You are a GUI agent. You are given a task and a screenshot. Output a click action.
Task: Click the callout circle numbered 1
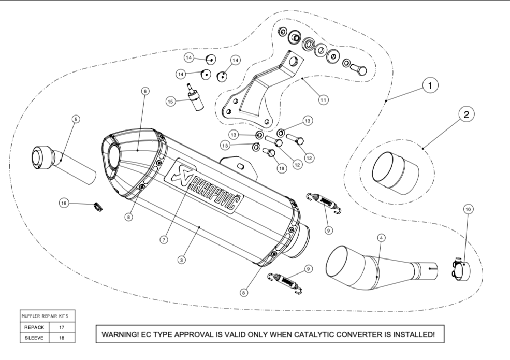(431, 85)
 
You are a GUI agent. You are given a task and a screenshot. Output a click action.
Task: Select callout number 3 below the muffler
(181, 260)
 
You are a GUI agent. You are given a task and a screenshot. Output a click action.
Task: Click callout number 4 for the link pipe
(381, 238)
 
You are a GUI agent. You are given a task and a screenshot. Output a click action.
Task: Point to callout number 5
(76, 119)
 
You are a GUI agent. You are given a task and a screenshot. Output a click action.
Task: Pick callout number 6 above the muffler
(145, 91)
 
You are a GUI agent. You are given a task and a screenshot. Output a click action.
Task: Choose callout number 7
(164, 240)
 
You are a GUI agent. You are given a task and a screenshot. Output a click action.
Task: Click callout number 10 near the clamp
(468, 209)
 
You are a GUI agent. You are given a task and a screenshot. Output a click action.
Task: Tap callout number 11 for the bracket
(324, 100)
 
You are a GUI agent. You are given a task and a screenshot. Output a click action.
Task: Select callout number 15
(171, 102)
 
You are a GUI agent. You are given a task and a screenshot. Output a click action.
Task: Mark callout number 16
(64, 204)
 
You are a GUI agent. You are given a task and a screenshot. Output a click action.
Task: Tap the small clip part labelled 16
(96, 207)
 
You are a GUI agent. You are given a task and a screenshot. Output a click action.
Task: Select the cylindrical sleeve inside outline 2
(395, 172)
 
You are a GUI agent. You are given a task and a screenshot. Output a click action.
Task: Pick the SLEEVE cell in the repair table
(35, 338)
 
